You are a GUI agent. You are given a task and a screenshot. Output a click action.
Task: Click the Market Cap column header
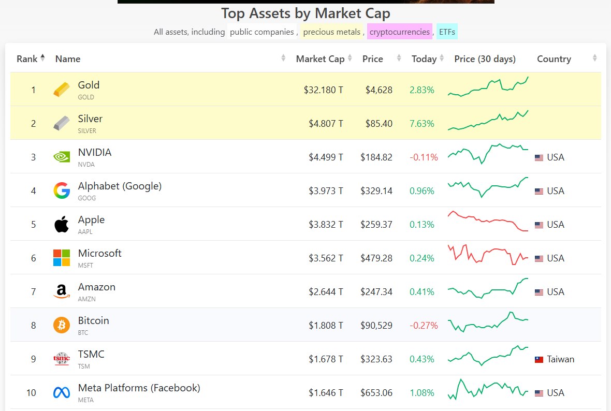click(x=320, y=59)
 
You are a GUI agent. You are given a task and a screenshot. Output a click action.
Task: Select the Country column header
click(x=554, y=59)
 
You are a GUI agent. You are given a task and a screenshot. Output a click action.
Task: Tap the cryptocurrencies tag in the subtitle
click(x=399, y=32)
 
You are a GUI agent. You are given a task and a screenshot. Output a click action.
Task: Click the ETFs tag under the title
click(x=447, y=32)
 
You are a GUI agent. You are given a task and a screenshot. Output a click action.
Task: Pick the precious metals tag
click(x=331, y=32)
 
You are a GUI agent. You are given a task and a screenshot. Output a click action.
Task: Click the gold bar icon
click(x=61, y=90)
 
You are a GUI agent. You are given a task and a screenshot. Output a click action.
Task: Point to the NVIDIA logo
click(x=61, y=157)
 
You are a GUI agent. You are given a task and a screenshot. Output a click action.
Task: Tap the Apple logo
click(x=61, y=224)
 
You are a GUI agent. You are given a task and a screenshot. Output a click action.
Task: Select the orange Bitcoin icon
click(x=61, y=325)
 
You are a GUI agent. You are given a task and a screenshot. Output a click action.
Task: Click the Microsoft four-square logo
click(x=61, y=258)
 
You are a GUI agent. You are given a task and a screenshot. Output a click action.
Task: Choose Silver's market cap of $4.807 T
click(x=323, y=124)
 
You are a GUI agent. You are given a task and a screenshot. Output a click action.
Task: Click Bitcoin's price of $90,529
click(x=376, y=326)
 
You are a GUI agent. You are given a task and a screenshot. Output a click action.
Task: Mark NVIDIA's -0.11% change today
click(x=424, y=157)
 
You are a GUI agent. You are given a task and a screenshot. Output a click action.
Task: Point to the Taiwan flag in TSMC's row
click(x=539, y=359)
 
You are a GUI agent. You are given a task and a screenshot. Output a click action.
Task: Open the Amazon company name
click(x=96, y=287)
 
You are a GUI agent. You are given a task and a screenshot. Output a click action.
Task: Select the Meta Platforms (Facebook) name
click(x=139, y=388)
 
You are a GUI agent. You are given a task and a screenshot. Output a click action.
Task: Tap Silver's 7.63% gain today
click(x=421, y=124)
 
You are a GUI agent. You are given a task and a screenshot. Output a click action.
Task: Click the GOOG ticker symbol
click(x=86, y=198)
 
